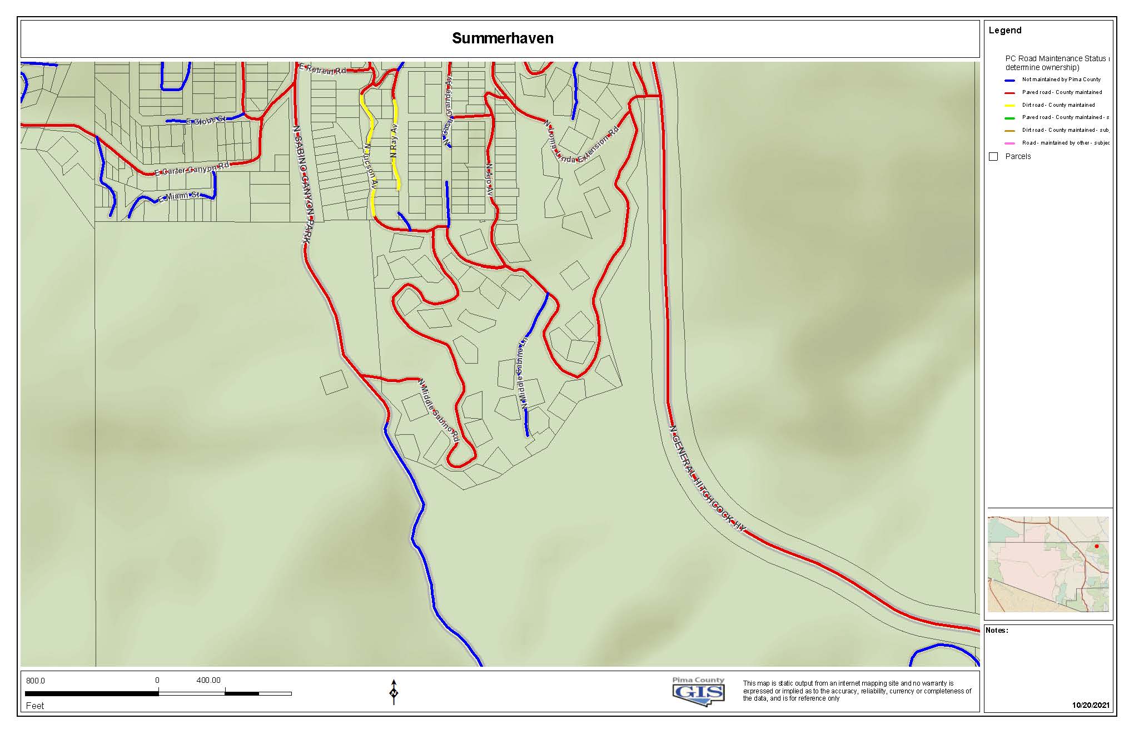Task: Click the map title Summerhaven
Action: click(502, 38)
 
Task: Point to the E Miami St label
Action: click(178, 197)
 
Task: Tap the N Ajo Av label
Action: click(489, 179)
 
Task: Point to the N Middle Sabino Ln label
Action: click(523, 373)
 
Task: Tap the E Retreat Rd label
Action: click(322, 70)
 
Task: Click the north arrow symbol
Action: click(394, 692)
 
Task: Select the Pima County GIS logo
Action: click(698, 691)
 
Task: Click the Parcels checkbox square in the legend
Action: click(993, 157)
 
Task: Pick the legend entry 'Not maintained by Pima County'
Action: click(1061, 80)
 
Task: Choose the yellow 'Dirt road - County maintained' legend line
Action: click(1010, 105)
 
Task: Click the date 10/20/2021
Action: click(1091, 705)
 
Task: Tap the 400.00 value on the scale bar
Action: click(208, 681)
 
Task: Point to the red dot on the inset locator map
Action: click(1096, 546)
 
